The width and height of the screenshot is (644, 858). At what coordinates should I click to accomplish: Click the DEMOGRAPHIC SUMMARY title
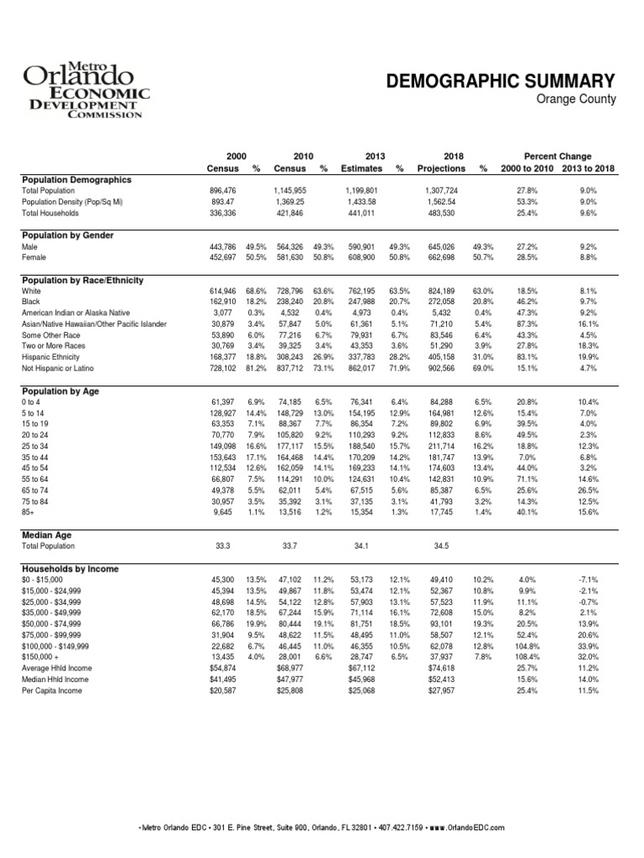500,81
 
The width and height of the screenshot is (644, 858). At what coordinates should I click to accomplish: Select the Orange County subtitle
577,100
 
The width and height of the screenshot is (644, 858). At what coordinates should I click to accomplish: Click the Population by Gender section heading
68,236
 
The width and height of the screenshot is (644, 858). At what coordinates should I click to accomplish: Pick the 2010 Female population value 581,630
286,260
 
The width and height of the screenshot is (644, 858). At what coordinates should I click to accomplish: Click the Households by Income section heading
70,569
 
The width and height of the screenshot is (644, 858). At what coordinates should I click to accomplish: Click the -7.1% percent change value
588,579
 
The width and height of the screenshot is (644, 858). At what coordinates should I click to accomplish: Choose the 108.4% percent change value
527,659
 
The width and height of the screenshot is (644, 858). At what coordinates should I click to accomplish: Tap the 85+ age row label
29,511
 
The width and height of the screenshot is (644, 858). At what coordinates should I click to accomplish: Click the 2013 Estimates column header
362,163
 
